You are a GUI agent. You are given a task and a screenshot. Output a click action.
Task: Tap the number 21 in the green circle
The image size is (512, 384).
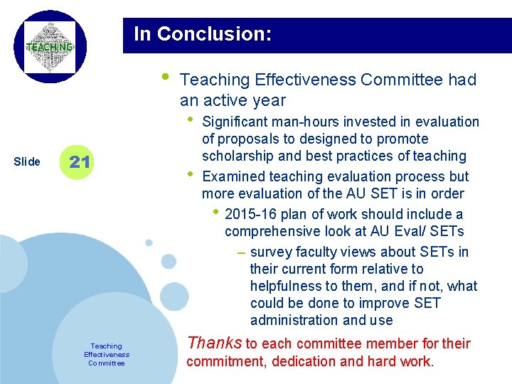click(x=80, y=162)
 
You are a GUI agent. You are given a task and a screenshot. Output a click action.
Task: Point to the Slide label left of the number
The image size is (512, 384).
click(x=27, y=162)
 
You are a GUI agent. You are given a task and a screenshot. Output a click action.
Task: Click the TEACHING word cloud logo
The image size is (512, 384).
click(x=50, y=47)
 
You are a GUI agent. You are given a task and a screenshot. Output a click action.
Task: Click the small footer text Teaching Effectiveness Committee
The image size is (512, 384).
click(x=107, y=354)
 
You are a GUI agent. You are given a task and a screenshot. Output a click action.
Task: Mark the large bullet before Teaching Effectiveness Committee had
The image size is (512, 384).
click(x=165, y=76)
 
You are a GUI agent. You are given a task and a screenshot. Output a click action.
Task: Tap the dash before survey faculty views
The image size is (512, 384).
click(x=241, y=252)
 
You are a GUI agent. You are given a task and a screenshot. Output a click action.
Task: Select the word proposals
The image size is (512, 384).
click(x=246, y=139)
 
